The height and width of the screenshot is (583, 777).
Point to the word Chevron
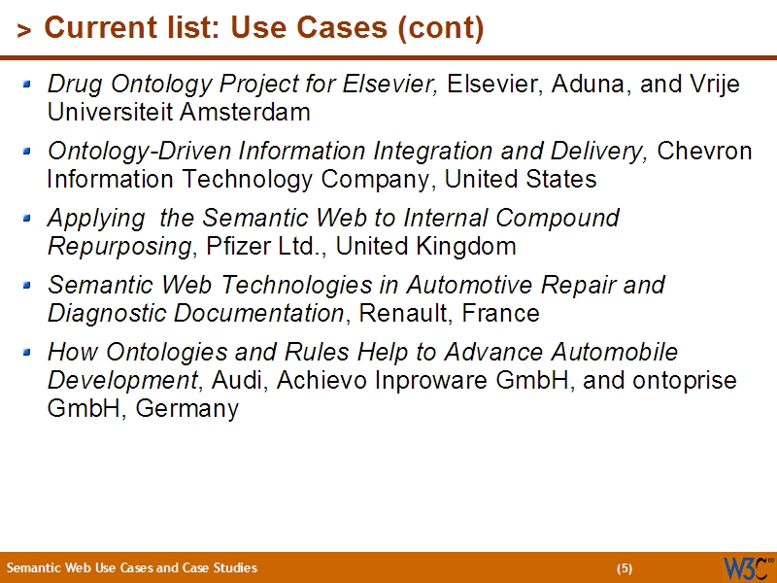coord(705,152)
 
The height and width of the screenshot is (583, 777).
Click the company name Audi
coord(239,381)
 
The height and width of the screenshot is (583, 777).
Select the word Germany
coord(187,409)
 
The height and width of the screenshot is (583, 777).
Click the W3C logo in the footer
coord(747,567)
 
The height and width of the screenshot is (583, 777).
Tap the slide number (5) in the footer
coord(624,568)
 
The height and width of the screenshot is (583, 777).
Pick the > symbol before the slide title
coord(23,31)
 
